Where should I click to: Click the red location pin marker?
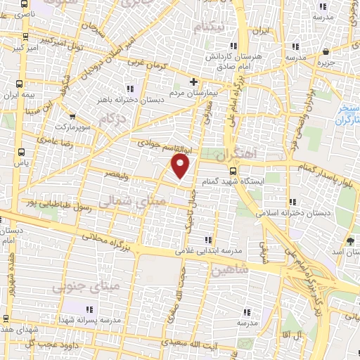(181, 166)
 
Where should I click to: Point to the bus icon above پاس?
(21, 150)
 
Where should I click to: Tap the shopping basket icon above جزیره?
(326, 52)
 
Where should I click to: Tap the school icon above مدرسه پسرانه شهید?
(89, 310)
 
